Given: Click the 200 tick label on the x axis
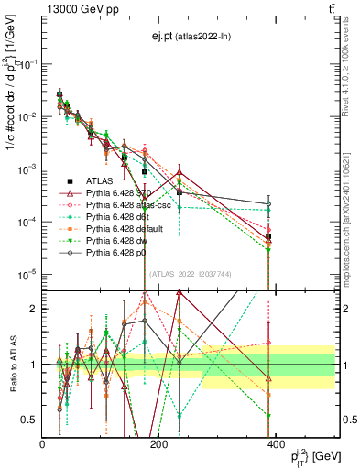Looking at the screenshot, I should tap(158, 444).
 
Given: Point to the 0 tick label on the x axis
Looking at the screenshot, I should tap(43, 444).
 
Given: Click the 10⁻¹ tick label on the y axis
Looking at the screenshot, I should tap(29, 64).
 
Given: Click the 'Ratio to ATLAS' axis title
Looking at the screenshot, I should tap(12, 364).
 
